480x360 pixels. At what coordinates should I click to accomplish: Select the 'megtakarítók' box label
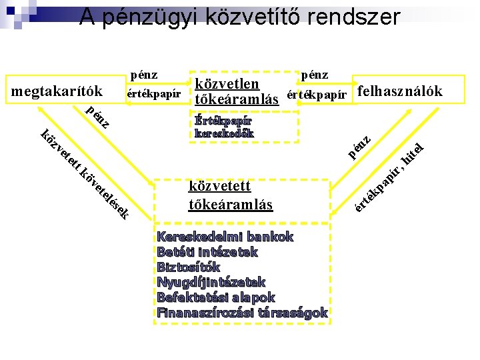(x=57, y=91)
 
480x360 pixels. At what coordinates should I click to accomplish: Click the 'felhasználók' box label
(x=399, y=91)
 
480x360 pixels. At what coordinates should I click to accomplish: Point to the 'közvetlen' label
(x=227, y=84)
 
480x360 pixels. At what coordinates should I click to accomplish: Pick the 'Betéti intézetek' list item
(x=207, y=252)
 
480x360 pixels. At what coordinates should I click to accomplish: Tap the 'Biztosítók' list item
(x=188, y=267)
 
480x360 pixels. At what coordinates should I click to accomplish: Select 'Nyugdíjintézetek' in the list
(x=211, y=282)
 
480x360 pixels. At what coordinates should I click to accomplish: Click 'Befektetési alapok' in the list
(x=215, y=297)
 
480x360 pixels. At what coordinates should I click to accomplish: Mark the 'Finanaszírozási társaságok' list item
(x=241, y=313)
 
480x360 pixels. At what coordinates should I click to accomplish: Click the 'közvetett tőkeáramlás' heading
(x=231, y=195)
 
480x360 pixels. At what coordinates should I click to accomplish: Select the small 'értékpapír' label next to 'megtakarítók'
(x=153, y=93)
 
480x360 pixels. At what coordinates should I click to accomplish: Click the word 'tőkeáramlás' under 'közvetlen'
(x=237, y=99)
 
